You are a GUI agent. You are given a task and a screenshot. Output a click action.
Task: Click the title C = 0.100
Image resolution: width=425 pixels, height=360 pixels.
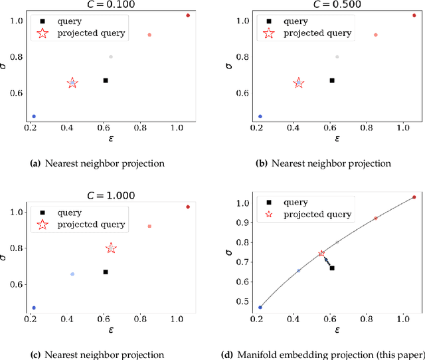(110, 5)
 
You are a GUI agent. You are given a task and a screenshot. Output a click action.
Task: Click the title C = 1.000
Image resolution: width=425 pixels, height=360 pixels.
(110, 195)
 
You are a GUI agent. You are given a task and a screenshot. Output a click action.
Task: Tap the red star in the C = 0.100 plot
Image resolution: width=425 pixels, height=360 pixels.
(72, 83)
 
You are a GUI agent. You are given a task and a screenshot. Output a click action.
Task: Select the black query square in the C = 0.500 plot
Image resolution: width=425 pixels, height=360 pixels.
(332, 80)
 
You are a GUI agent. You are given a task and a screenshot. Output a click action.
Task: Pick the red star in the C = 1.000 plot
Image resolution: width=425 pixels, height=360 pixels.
(111, 248)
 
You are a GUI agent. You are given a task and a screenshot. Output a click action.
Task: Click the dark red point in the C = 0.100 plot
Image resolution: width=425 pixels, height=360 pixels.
(188, 15)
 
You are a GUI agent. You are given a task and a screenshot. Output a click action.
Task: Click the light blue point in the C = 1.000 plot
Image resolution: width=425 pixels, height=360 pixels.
(72, 274)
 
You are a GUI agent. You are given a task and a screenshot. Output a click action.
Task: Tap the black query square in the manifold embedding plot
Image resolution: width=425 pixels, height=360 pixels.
(332, 268)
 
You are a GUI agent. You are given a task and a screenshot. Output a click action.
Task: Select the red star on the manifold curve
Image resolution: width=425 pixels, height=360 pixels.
(321, 253)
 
